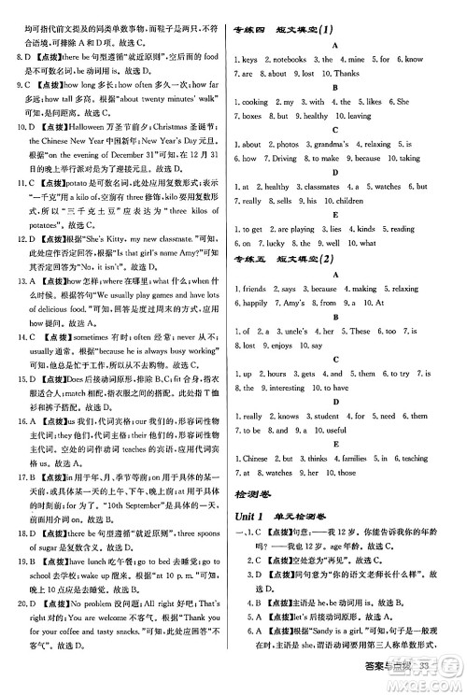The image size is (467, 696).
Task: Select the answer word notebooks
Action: pyautogui.click(x=282, y=58)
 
